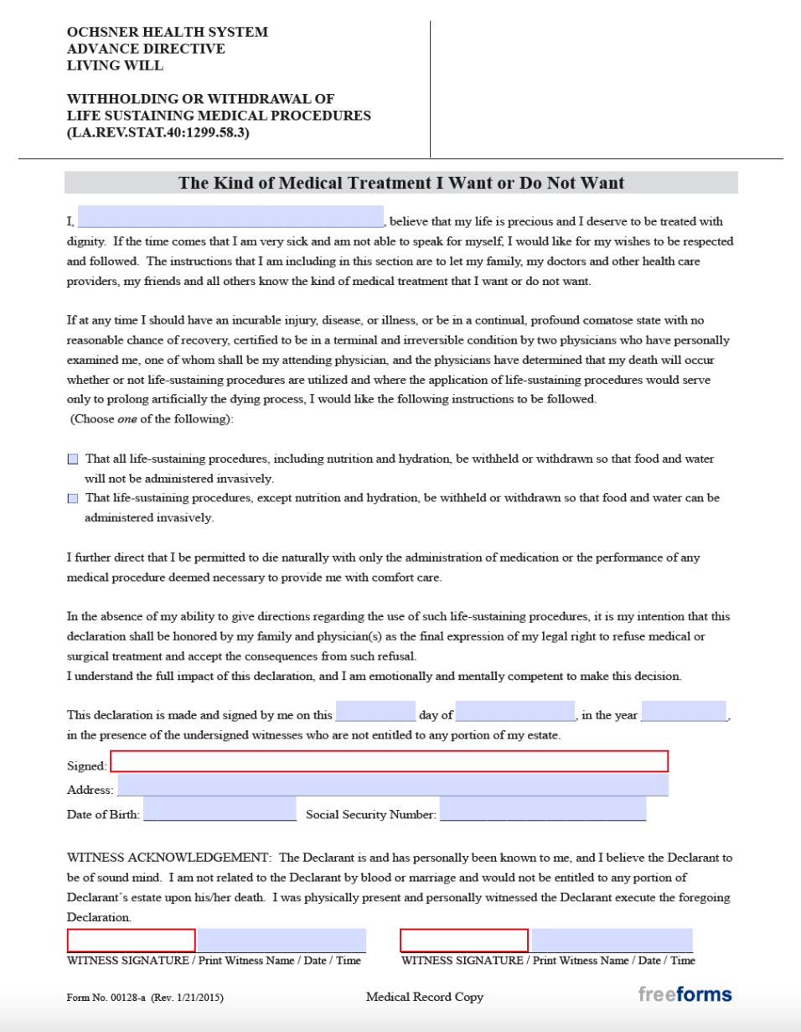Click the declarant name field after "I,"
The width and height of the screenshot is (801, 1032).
230,217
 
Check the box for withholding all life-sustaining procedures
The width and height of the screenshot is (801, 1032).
73,459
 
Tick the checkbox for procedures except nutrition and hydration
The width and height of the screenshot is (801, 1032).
73,498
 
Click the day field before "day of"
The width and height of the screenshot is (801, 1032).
375,712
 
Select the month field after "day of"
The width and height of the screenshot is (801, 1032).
515,712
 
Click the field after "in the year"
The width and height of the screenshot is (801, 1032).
684,712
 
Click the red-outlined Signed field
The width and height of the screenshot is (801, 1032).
390,761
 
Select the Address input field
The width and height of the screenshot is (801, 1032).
393,786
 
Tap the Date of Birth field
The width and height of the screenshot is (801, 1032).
220,810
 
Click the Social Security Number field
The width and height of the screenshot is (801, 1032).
543,810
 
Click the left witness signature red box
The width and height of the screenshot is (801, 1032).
132,941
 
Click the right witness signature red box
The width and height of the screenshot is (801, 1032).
464,941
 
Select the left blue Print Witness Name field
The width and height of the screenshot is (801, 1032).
282,941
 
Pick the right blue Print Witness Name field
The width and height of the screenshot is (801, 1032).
612,941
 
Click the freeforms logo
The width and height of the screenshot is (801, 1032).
685,995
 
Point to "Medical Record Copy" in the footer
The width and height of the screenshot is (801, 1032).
425,997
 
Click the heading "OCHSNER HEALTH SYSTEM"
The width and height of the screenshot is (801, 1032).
168,32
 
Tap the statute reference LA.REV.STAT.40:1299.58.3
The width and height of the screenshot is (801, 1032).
158,132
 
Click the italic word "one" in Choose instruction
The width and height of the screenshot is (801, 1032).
127,419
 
